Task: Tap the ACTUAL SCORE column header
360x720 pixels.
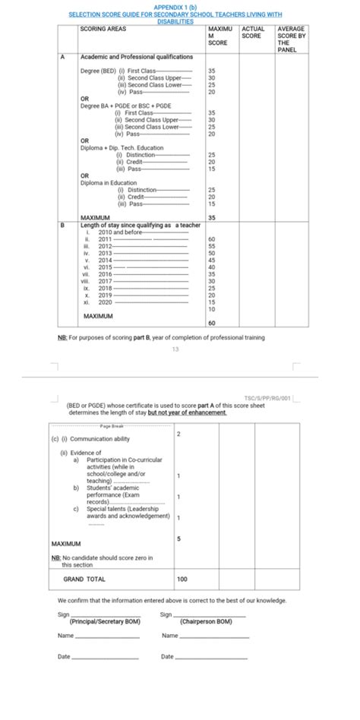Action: [253, 33]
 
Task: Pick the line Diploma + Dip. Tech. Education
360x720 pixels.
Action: [122, 147]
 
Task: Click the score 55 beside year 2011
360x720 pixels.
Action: [211, 246]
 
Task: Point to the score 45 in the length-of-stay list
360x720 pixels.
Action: [211, 261]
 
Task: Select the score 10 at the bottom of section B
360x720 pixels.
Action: [211, 309]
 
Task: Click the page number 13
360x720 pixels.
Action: [175, 349]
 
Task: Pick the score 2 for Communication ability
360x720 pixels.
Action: [178, 434]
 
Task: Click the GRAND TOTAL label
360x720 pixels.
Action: [84, 579]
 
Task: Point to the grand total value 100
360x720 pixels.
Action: [182, 579]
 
